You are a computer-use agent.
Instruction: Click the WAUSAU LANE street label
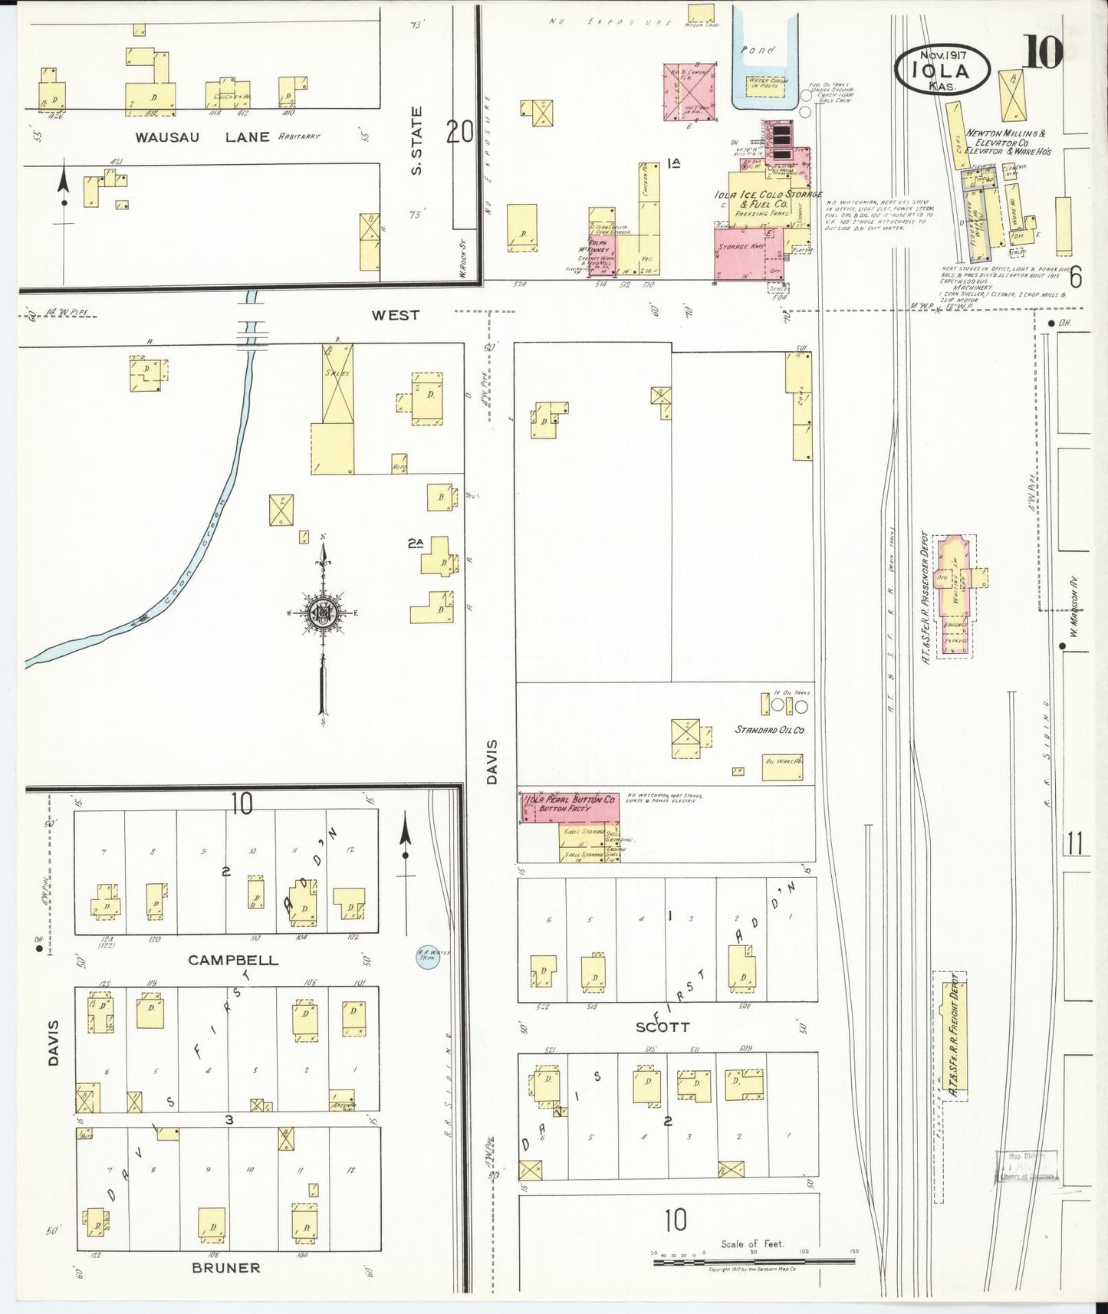click(x=202, y=137)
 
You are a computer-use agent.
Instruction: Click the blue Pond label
click(x=758, y=50)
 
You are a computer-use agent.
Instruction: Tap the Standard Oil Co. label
click(x=769, y=730)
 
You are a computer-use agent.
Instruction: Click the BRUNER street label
click(x=225, y=1267)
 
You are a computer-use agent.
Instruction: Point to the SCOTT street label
click(x=662, y=1027)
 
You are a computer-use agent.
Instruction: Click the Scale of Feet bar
click(x=753, y=1260)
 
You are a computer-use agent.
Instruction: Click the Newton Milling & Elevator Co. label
click(x=1006, y=143)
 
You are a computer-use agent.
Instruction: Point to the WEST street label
click(x=395, y=315)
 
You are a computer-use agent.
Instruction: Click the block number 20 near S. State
click(x=459, y=133)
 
